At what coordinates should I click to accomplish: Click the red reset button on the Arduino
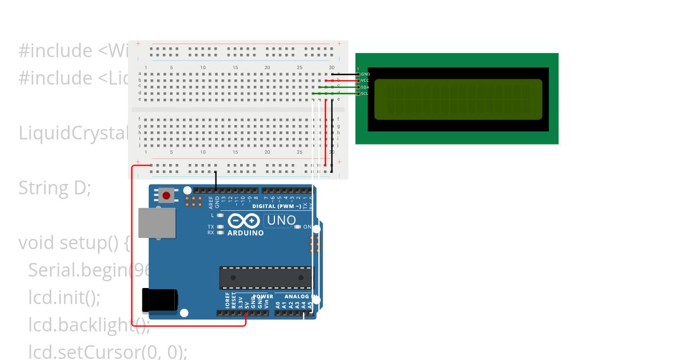click(x=166, y=196)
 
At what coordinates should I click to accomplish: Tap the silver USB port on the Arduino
click(x=158, y=222)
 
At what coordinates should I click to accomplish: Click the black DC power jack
click(x=159, y=300)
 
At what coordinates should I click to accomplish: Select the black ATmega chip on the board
click(x=266, y=278)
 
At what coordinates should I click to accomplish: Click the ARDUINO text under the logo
click(x=246, y=233)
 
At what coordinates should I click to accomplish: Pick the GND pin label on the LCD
click(x=366, y=74)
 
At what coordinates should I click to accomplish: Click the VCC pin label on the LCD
click(x=365, y=81)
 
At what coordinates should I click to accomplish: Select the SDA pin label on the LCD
click(x=365, y=87)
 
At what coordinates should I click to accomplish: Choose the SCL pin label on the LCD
click(x=365, y=93)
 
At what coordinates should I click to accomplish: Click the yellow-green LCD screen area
click(x=458, y=99)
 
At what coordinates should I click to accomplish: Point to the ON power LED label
click(x=307, y=227)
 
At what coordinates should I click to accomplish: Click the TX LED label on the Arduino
click(x=211, y=227)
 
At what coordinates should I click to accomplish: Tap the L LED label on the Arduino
click(x=212, y=215)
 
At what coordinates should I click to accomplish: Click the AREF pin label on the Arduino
click(x=211, y=202)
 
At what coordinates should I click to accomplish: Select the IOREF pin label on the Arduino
click(x=228, y=301)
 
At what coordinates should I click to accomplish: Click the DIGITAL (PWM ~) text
click(x=277, y=206)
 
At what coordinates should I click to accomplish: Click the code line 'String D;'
click(x=55, y=187)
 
